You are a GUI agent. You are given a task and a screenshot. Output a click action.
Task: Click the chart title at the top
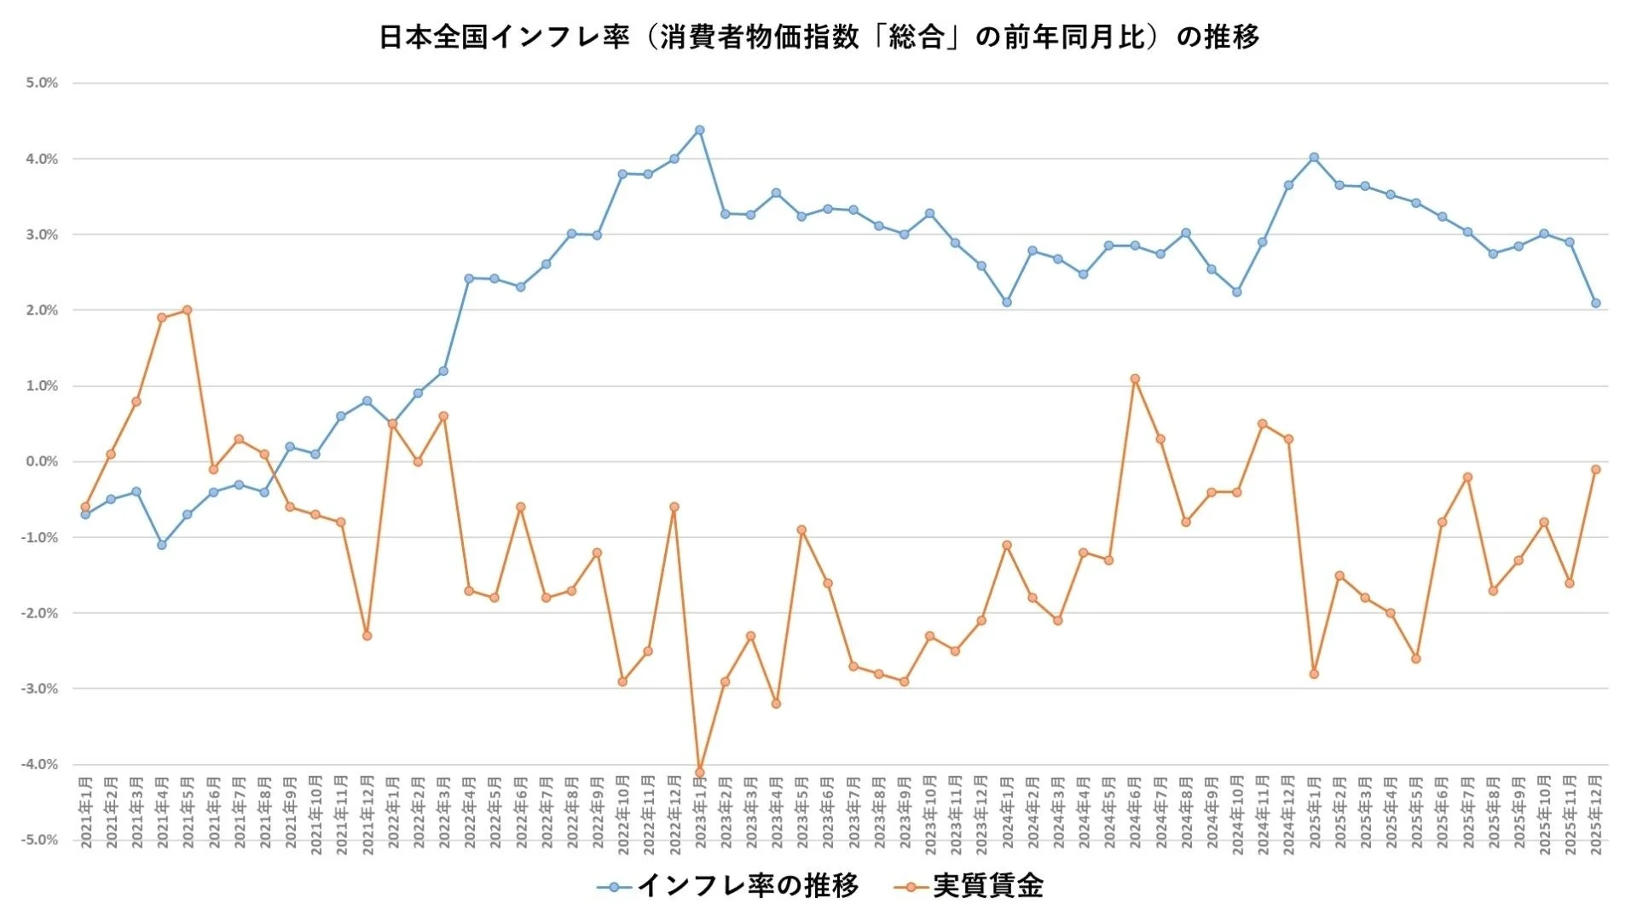(x=818, y=38)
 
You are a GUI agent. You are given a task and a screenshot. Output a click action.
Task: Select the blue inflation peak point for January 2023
(x=699, y=130)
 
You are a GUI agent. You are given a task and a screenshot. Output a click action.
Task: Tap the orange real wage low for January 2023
(x=699, y=772)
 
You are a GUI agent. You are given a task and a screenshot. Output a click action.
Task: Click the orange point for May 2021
(x=188, y=310)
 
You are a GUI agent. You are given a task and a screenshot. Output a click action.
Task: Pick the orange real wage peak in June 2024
(x=1135, y=379)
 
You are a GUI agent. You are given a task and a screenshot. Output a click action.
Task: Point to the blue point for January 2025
(x=1314, y=158)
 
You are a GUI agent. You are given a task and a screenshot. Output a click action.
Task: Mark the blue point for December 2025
(x=1595, y=304)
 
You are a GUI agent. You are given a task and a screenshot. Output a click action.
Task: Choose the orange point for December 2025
(x=1595, y=470)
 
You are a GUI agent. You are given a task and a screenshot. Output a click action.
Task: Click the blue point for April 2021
(x=162, y=545)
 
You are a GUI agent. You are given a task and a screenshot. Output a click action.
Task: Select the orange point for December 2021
(x=367, y=635)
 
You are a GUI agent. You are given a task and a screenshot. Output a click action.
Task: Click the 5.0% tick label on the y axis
(x=42, y=84)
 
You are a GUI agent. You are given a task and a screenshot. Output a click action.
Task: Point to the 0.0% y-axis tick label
(x=42, y=462)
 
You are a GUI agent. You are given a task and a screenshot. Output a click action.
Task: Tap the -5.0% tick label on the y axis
(x=40, y=840)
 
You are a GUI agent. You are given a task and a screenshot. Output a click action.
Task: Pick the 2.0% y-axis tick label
(x=42, y=310)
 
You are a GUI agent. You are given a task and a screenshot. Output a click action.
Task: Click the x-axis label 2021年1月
(x=86, y=812)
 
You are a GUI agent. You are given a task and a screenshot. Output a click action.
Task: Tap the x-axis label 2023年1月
(x=700, y=812)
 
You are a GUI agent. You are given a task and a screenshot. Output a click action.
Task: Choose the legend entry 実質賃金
(x=988, y=886)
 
